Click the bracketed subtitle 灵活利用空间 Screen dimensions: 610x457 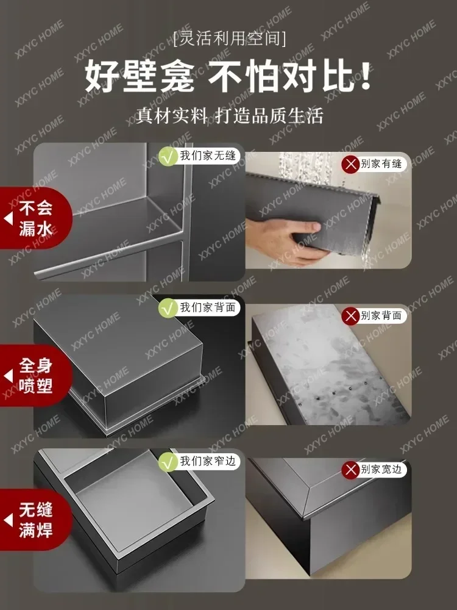(228, 40)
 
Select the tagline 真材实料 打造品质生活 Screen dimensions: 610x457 (228, 116)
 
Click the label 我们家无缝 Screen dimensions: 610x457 (207, 156)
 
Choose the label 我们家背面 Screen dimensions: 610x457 (207, 309)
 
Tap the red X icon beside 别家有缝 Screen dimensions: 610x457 (350, 163)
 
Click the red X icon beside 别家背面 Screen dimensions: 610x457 (350, 316)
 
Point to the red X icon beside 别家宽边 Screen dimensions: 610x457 (350, 470)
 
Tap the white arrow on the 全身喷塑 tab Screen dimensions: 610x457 (9, 376)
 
